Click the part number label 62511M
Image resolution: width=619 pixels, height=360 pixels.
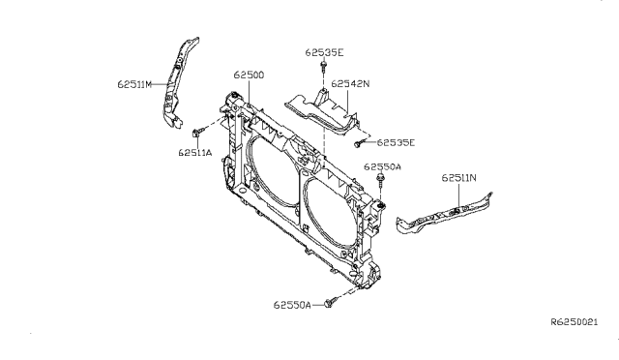(x=134, y=84)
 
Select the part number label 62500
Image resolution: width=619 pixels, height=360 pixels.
(x=249, y=75)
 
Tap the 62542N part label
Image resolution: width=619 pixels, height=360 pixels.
(x=350, y=84)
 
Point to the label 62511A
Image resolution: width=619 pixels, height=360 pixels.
(x=195, y=153)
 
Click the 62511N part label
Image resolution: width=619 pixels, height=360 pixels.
(x=458, y=178)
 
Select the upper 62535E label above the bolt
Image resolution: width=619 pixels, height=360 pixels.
(x=324, y=52)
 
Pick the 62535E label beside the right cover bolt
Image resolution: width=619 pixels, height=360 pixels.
(x=396, y=142)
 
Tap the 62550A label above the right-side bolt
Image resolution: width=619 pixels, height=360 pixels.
(x=382, y=167)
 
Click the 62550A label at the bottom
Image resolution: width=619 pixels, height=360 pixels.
(x=292, y=305)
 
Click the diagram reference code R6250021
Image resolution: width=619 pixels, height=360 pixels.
(x=575, y=322)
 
